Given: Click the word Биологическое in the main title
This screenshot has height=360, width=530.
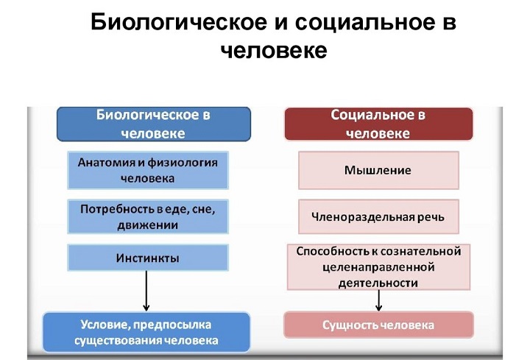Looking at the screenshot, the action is click(x=179, y=22).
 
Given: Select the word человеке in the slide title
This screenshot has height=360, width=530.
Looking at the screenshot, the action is click(x=274, y=51).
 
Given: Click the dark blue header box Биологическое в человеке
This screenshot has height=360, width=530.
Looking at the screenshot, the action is click(x=154, y=124).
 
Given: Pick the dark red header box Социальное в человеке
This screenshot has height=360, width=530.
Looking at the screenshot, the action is click(x=378, y=124).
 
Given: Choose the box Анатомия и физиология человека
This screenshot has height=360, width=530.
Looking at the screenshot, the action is click(x=148, y=170).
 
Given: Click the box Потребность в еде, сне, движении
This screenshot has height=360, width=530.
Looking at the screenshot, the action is click(x=148, y=216).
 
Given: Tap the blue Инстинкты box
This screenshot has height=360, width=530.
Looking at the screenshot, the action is click(x=148, y=258).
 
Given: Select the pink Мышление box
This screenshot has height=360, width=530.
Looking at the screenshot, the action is click(x=378, y=170).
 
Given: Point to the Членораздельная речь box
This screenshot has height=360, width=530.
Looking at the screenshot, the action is click(x=378, y=216).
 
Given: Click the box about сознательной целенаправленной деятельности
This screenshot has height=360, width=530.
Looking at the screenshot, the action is click(x=378, y=267).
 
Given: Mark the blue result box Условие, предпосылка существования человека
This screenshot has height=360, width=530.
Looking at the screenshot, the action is click(x=146, y=332).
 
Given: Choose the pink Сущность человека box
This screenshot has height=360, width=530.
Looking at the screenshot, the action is click(x=378, y=325).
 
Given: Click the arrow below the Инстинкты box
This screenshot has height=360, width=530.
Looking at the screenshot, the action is click(x=146, y=291).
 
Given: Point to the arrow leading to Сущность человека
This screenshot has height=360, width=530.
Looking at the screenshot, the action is click(x=378, y=300).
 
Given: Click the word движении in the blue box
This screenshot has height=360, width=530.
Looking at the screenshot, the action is click(x=148, y=225).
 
